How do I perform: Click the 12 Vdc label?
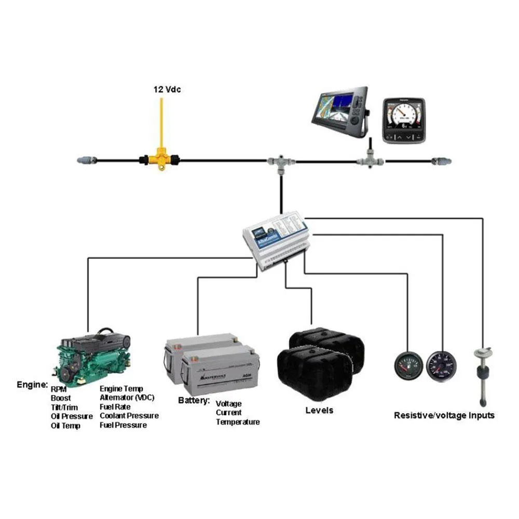click(167, 89)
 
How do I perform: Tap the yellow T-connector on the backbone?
click(160, 159)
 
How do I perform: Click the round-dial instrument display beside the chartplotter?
click(404, 120)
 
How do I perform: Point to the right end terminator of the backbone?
click(442, 161)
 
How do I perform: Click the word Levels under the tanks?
click(319, 411)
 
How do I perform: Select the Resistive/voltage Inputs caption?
click(444, 415)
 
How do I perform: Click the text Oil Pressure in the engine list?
click(72, 416)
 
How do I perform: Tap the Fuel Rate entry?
click(115, 407)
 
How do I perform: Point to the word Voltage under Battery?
click(228, 403)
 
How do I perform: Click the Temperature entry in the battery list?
click(238, 422)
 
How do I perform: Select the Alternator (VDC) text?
click(127, 398)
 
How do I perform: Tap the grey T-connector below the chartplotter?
click(370, 160)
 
